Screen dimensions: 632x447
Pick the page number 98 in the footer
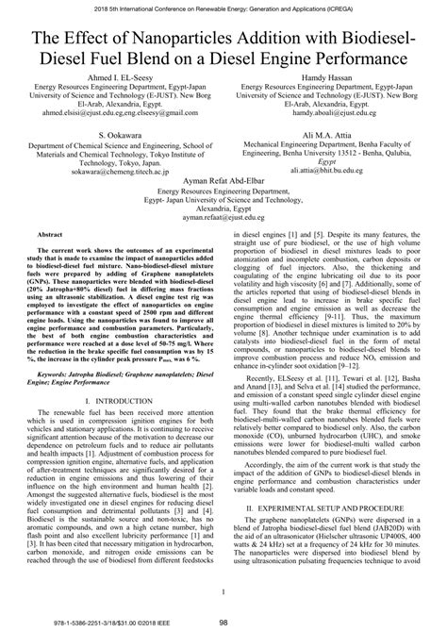pyautogui.click(x=223, y=622)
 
